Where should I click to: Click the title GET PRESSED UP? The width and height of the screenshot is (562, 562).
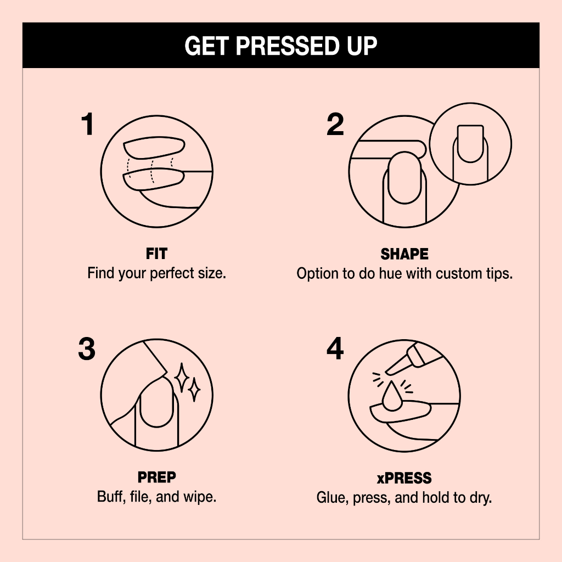point(281,46)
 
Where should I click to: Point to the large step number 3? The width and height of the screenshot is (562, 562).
point(87,349)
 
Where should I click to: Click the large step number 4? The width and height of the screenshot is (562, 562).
point(335,349)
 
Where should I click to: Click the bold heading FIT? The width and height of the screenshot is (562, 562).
point(157,254)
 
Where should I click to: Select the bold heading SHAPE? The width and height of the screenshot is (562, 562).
point(404,254)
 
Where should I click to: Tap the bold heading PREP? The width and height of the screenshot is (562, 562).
point(157,477)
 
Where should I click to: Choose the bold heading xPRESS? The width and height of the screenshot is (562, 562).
point(404,478)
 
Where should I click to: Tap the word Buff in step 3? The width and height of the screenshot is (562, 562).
point(109,497)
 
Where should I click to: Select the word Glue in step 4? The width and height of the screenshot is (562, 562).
point(330,498)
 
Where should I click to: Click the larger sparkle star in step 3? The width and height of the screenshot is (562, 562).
point(181,377)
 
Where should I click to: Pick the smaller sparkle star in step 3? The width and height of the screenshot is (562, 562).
point(194,390)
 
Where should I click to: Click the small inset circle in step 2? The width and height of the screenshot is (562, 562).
point(470,144)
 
